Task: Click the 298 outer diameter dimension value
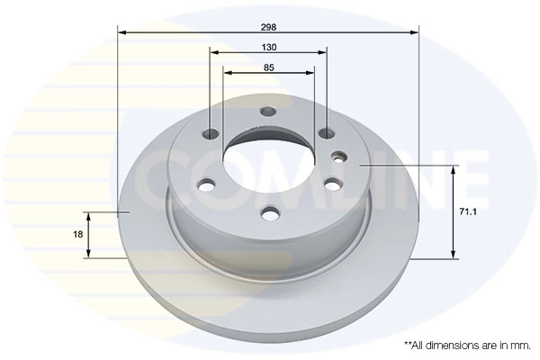(x=268, y=24)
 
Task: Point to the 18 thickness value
(x=78, y=234)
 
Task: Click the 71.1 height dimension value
(x=468, y=211)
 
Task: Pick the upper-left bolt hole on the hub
(x=211, y=135)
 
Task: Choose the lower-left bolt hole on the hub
(x=206, y=186)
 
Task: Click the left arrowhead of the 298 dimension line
(x=121, y=32)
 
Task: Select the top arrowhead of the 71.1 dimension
(x=453, y=168)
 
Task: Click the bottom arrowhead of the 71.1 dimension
(x=453, y=255)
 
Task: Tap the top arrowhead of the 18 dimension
(x=87, y=216)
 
